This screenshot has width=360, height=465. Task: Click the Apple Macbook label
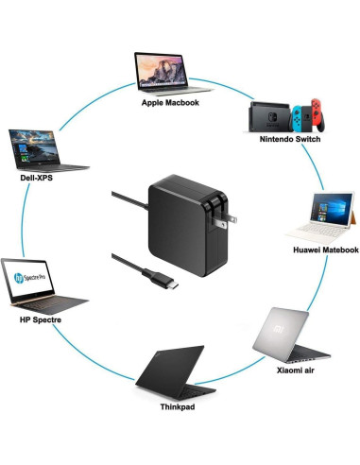coord(170,102)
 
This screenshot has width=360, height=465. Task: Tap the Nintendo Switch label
coord(289,139)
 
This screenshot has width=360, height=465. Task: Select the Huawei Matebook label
coord(326,250)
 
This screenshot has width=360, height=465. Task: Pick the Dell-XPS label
coord(34,175)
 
